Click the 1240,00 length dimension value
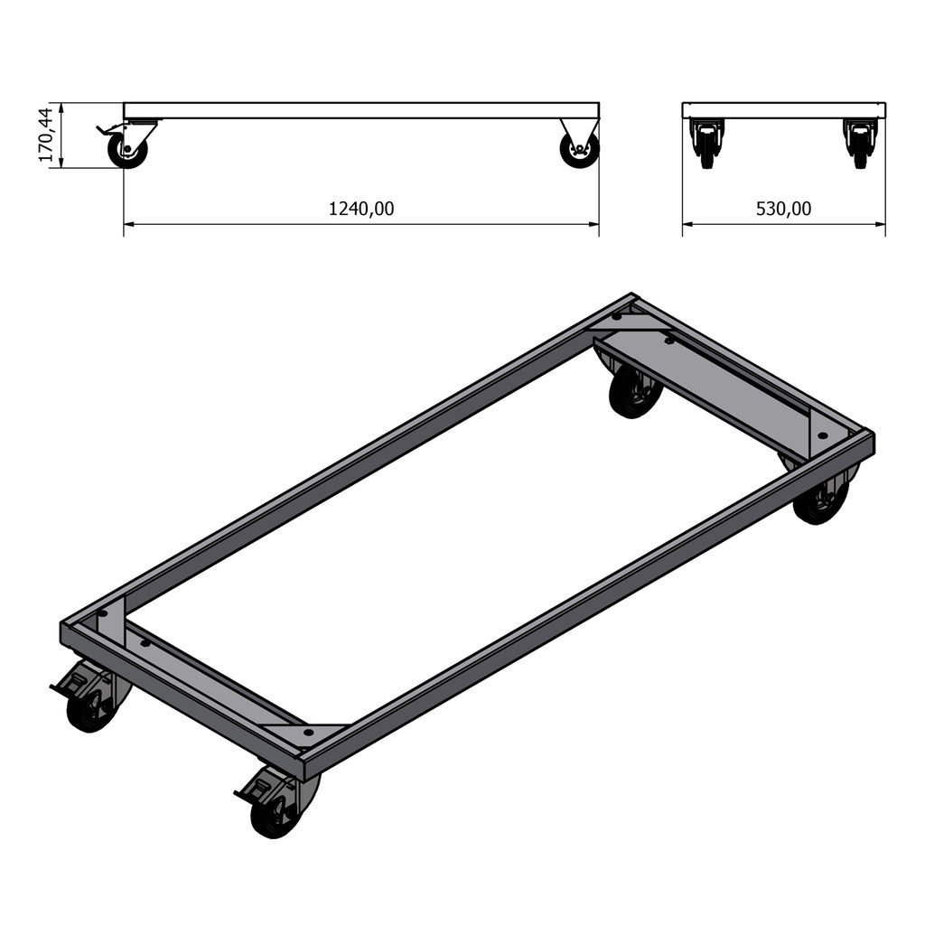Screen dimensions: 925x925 (x=361, y=209)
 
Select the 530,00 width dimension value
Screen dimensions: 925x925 (x=783, y=209)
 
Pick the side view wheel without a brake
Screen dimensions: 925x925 (x=578, y=150)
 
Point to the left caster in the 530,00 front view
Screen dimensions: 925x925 (x=706, y=145)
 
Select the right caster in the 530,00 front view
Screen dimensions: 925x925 (x=860, y=145)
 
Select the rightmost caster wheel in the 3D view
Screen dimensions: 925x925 (x=821, y=501)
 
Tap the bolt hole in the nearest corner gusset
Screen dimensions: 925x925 (x=308, y=732)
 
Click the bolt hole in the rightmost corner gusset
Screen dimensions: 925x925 (x=821, y=435)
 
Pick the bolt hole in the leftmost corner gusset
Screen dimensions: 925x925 (x=102, y=613)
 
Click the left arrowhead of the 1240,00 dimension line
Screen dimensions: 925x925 (x=127, y=223)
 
